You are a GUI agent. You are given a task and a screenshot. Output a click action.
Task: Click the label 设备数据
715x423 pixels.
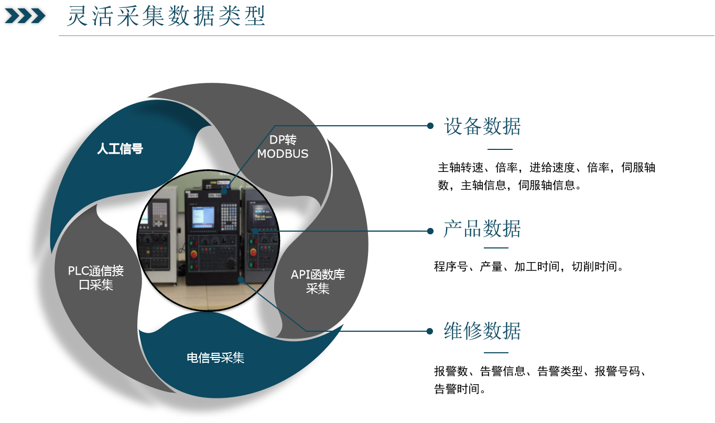pyautogui.click(x=482, y=126)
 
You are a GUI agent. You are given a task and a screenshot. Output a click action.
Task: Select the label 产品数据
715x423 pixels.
pyautogui.click(x=482, y=229)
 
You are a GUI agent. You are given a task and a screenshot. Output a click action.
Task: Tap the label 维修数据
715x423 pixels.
pyautogui.click(x=482, y=331)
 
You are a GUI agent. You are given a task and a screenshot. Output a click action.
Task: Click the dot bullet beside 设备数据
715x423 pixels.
pyautogui.click(x=430, y=126)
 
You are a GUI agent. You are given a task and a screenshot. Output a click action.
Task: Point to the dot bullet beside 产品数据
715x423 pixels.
pyautogui.click(x=430, y=231)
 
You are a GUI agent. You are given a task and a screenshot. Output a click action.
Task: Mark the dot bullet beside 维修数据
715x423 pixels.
pyautogui.click(x=430, y=331)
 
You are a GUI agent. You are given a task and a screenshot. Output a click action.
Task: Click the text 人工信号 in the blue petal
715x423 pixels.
pyautogui.click(x=120, y=149)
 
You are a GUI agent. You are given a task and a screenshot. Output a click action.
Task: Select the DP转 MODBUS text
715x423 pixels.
pyautogui.click(x=283, y=147)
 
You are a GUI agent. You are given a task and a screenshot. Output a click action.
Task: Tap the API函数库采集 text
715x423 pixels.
pyautogui.click(x=318, y=281)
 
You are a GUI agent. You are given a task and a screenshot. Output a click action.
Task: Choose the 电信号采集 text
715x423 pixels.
pyautogui.click(x=215, y=359)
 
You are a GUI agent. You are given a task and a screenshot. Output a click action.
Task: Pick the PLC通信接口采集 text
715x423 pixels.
pyautogui.click(x=96, y=278)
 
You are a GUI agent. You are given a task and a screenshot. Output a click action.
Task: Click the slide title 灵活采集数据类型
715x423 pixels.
pyautogui.click(x=166, y=17)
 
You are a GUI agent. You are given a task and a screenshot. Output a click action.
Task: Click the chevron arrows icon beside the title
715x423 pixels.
pyautogui.click(x=25, y=17)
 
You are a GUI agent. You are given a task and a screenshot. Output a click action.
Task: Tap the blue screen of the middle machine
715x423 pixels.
pyautogui.click(x=202, y=215)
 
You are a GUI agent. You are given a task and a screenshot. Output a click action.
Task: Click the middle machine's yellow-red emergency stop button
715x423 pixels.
pyautogui.click(x=194, y=254)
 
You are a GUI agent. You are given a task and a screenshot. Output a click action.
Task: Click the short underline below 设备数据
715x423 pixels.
pyautogui.click(x=500, y=149)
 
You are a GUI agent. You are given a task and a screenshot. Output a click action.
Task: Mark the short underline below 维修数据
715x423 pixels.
pyautogui.click(x=496, y=353)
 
